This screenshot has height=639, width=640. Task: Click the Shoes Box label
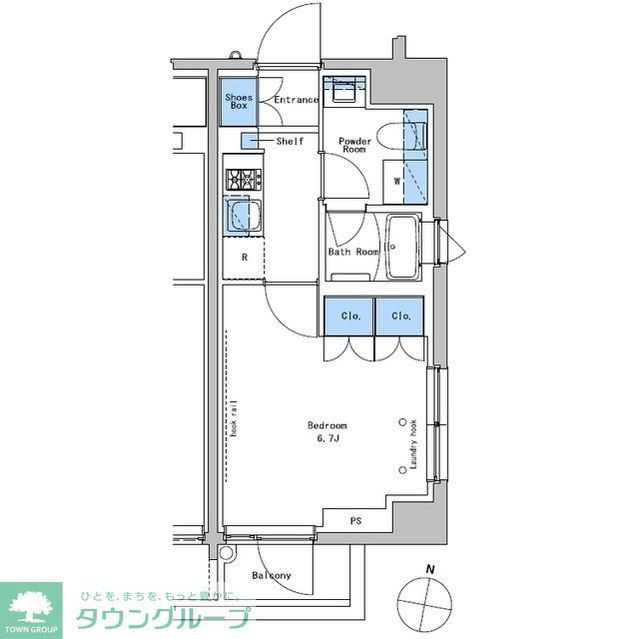pyautogui.click(x=238, y=100)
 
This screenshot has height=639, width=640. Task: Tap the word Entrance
pyautogui.click(x=295, y=100)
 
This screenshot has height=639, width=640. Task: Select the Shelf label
pyautogui.click(x=290, y=141)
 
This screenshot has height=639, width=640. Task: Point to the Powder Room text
pyautogui.click(x=354, y=146)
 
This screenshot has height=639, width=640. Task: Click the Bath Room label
pyautogui.click(x=353, y=251)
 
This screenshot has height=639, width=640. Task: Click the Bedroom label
pyautogui.click(x=327, y=425)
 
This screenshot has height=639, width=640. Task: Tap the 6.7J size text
pyautogui.click(x=327, y=438)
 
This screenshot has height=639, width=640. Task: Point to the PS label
pyautogui.click(x=355, y=521)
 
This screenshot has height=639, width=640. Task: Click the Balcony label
pyautogui.click(x=271, y=576)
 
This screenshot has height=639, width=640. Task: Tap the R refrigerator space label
pyautogui.click(x=243, y=257)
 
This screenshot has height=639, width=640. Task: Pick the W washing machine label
pyautogui.click(x=397, y=181)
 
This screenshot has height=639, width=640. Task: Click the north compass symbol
pyautogui.click(x=423, y=601)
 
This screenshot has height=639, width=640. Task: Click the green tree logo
pyautogui.click(x=31, y=605)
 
